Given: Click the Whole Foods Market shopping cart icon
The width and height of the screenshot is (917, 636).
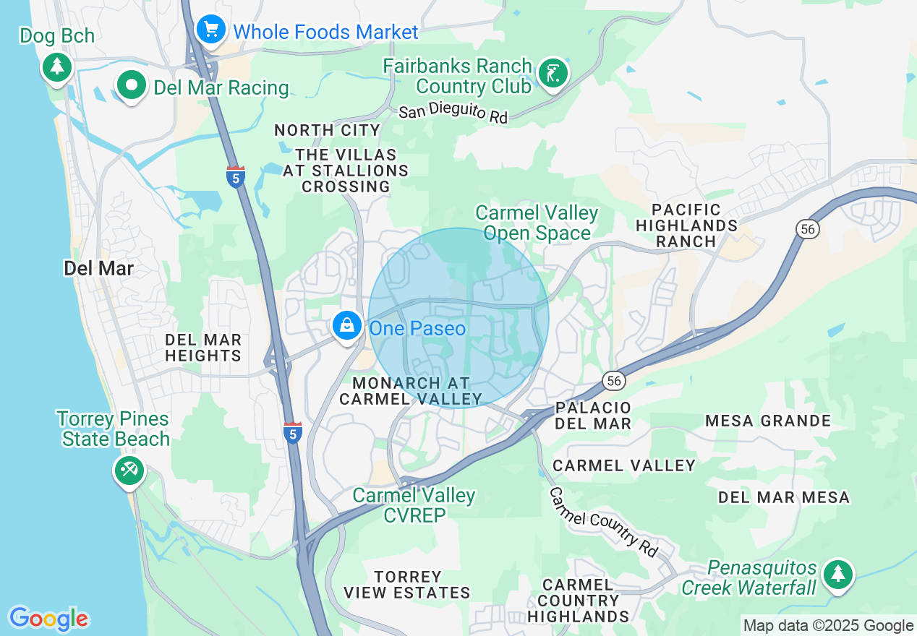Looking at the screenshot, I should (x=210, y=30).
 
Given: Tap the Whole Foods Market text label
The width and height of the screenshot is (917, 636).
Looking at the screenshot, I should (x=325, y=32).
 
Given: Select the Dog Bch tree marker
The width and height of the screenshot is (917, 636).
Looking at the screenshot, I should (x=56, y=67).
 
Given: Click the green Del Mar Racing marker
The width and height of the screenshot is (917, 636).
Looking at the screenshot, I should (x=132, y=86).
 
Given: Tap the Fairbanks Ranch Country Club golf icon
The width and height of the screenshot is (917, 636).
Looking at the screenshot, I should (x=553, y=73).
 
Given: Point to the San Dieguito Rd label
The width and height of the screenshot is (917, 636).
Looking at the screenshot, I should (x=453, y=112).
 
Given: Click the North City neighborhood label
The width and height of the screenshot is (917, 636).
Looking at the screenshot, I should (x=327, y=131).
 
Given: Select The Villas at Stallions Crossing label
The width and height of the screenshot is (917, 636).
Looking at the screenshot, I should (x=346, y=171).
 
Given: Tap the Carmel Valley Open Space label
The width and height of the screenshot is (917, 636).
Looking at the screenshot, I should (x=537, y=223).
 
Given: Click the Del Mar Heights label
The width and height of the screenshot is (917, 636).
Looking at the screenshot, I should (x=203, y=348).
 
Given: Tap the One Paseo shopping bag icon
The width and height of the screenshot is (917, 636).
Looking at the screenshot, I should (x=348, y=325).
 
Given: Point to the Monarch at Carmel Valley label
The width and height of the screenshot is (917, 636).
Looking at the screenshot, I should (x=411, y=391).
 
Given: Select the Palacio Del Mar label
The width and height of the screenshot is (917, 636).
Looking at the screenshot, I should (x=593, y=416).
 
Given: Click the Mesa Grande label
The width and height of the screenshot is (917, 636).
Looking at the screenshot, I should (x=768, y=421).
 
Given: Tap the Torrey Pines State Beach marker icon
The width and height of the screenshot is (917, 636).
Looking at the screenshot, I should (x=129, y=471).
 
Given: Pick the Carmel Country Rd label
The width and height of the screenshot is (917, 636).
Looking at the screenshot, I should (x=604, y=522).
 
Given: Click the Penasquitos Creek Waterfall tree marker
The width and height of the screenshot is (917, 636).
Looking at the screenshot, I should (x=838, y=574).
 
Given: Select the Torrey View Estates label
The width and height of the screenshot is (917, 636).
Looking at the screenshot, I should (x=407, y=585).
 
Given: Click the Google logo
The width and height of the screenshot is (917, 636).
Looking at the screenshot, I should (x=48, y=619).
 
